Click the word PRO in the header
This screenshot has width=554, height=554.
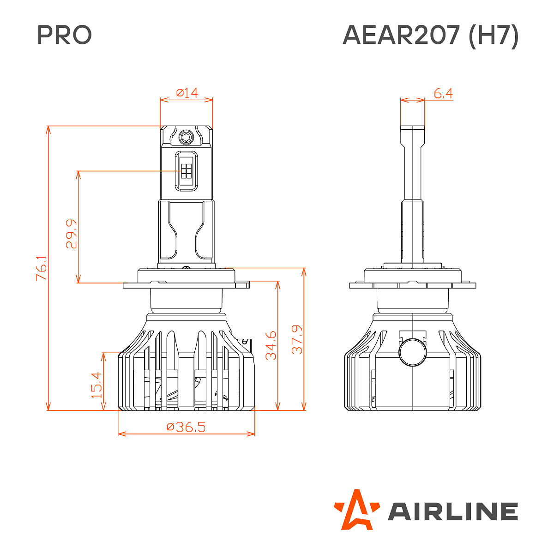point(64,35)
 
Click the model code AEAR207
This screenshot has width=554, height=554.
point(401,35)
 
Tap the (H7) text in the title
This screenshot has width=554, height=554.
point(494,36)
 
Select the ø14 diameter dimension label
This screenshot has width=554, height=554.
point(187,93)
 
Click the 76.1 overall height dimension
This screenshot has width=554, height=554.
point(42,268)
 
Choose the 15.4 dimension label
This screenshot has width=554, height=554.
point(96,385)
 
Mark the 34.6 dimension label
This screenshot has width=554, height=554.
point(271,345)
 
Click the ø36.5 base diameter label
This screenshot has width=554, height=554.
point(186,427)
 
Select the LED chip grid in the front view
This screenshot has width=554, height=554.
point(187,171)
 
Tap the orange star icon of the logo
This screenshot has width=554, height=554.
point(356,509)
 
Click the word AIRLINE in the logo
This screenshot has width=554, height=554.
point(452,512)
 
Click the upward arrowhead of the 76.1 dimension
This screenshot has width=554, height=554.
point(48,129)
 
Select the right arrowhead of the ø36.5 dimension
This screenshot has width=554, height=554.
point(252,434)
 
